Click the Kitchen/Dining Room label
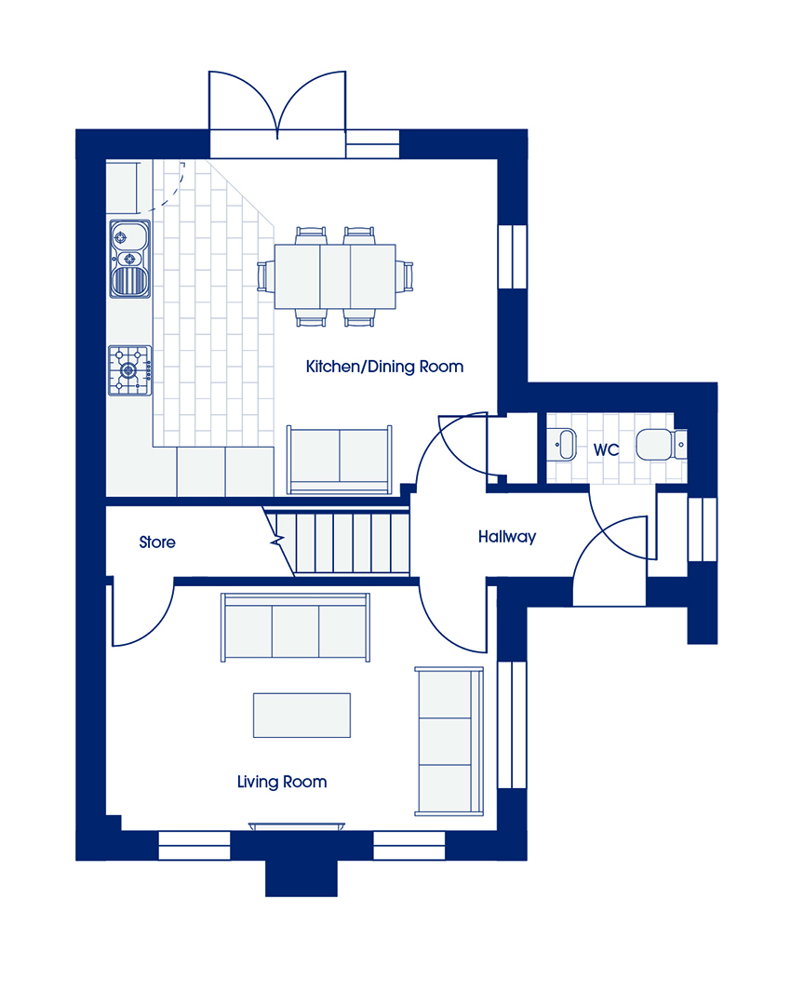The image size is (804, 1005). (x=384, y=367)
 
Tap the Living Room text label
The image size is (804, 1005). (x=282, y=782)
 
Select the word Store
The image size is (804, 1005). (x=157, y=543)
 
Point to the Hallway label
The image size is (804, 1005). (x=507, y=537)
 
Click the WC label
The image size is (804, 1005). (x=606, y=449)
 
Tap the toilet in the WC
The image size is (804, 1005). (x=661, y=444)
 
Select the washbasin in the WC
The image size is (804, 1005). (x=563, y=444)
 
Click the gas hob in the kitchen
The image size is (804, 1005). (x=129, y=370)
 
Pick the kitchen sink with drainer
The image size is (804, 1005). (x=130, y=259)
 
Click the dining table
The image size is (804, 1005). (x=335, y=276)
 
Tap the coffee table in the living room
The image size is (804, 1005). (x=301, y=716)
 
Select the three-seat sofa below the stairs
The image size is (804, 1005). (x=295, y=627)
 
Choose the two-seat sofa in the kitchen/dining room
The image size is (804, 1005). (x=339, y=460)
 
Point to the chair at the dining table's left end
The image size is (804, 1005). (x=265, y=276)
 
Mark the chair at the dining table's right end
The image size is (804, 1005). (x=405, y=276)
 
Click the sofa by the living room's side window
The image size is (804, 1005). (x=449, y=741)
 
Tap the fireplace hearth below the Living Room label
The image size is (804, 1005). (x=296, y=827)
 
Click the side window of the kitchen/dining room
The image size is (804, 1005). (x=513, y=257)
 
